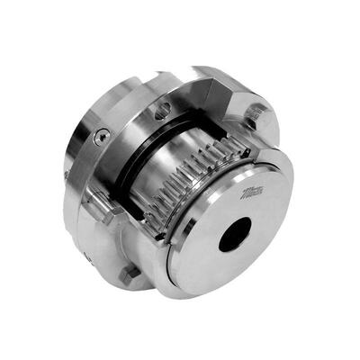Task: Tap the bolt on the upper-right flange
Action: tap(255, 114)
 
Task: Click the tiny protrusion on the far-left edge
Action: tap(66, 174)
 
